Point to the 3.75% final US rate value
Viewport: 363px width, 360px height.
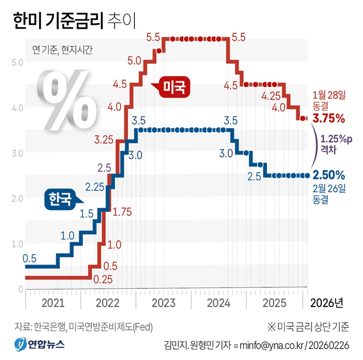click(x=328, y=118)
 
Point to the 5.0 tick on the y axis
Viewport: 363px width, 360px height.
click(x=17, y=62)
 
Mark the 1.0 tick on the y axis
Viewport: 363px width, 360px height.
click(x=17, y=244)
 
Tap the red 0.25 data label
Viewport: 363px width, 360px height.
click(x=104, y=279)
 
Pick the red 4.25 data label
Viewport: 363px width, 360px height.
click(x=272, y=96)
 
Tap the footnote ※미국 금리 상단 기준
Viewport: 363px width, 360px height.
click(x=308, y=327)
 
